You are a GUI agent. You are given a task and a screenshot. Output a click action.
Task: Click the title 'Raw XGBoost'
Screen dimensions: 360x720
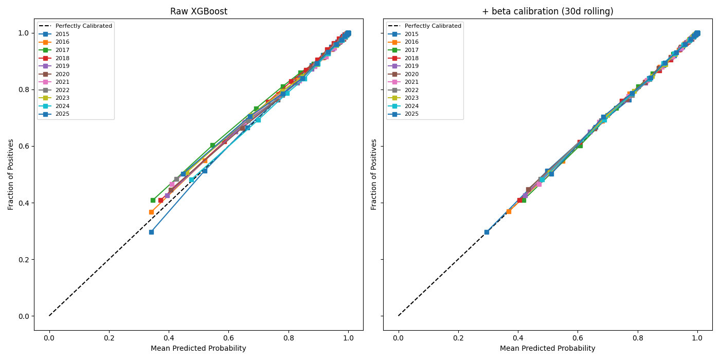pyautogui.click(x=198, y=11)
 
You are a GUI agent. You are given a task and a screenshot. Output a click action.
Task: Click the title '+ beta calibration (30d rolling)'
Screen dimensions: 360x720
pyautogui.click(x=547, y=11)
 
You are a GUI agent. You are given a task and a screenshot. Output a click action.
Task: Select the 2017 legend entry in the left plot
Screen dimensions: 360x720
pyautogui.click(x=62, y=50)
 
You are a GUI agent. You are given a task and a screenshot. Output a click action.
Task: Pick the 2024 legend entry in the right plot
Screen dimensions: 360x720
pyautogui.click(x=411, y=106)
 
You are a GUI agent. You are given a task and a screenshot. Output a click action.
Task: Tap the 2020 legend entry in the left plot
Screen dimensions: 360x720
pyautogui.click(x=62, y=74)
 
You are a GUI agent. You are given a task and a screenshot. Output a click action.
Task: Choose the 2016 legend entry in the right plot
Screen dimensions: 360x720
pyautogui.click(x=411, y=42)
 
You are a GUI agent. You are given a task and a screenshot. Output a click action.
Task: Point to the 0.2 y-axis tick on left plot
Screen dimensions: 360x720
pyautogui.click(x=24, y=260)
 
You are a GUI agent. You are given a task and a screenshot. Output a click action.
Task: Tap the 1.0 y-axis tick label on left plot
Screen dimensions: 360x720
pyautogui.click(x=24, y=33)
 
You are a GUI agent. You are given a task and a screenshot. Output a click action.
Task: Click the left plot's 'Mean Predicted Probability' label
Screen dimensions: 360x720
pyautogui.click(x=198, y=349)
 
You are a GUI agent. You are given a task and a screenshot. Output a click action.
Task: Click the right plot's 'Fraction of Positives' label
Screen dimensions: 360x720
pyautogui.click(x=374, y=174)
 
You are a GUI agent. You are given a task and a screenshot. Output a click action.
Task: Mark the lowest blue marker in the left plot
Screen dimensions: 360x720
pyautogui.click(x=151, y=232)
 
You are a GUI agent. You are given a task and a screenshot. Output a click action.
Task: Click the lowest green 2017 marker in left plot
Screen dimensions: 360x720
pyautogui.click(x=153, y=200)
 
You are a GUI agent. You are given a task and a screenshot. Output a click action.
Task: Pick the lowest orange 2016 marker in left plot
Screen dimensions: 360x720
pyautogui.click(x=151, y=212)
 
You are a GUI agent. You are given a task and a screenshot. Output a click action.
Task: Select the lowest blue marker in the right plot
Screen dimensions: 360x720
pyautogui.click(x=487, y=232)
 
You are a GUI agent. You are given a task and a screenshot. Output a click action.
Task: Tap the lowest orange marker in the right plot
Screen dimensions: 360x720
pyautogui.click(x=509, y=211)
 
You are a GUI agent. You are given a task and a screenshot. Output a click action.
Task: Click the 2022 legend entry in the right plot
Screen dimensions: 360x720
pyautogui.click(x=411, y=91)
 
